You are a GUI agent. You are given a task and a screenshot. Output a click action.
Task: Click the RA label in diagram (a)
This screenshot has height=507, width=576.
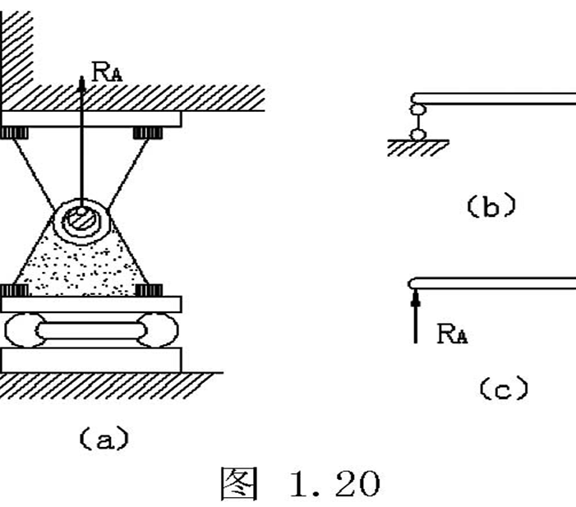point(107,72)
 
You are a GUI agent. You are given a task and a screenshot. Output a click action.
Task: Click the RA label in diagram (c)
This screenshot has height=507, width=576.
point(452,334)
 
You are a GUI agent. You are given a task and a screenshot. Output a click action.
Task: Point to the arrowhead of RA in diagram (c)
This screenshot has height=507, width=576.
point(416,298)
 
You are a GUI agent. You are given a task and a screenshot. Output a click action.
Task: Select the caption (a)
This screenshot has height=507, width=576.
point(104,438)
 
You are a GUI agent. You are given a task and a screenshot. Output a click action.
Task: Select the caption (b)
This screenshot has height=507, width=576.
point(491,205)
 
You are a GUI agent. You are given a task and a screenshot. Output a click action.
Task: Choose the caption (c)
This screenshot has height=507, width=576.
point(504,388)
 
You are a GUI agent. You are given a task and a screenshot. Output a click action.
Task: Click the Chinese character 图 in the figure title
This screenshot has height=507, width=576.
point(239,484)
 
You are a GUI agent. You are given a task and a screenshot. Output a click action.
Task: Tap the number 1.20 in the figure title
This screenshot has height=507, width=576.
point(334,484)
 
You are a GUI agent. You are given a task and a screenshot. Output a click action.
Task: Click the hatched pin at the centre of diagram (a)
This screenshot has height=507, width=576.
point(81,220)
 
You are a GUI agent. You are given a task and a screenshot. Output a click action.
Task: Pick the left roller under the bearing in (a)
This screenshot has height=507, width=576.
point(23,330)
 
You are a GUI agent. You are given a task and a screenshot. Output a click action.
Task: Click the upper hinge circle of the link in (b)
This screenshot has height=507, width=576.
point(417,109)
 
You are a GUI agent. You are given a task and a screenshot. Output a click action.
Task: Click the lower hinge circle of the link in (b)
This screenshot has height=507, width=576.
point(417,135)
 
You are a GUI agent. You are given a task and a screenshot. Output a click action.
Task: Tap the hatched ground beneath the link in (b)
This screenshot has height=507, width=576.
point(418,148)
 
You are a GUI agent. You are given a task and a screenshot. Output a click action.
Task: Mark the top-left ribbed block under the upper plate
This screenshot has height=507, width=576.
point(14,132)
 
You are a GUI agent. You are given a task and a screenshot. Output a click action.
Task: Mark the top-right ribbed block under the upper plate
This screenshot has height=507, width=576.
point(148,132)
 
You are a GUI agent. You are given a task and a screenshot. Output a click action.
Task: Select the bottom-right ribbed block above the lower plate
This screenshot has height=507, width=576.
point(149,290)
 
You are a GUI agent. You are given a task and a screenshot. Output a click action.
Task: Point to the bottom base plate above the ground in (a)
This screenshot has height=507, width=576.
point(90,360)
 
